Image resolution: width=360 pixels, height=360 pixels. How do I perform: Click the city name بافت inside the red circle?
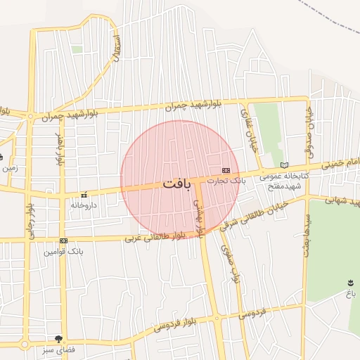click(176, 184)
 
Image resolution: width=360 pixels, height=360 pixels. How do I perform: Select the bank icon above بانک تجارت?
click(226, 170)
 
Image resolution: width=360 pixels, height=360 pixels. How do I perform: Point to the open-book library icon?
click(284, 165)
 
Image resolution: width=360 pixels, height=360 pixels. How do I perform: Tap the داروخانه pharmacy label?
click(84, 205)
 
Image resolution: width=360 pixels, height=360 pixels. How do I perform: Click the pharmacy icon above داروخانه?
click(84, 195)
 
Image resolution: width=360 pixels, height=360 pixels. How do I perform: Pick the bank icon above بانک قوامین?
click(64, 240)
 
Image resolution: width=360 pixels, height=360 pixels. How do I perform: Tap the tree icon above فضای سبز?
click(67, 339)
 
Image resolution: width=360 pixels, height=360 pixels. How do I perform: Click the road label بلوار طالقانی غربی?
click(155, 237)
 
